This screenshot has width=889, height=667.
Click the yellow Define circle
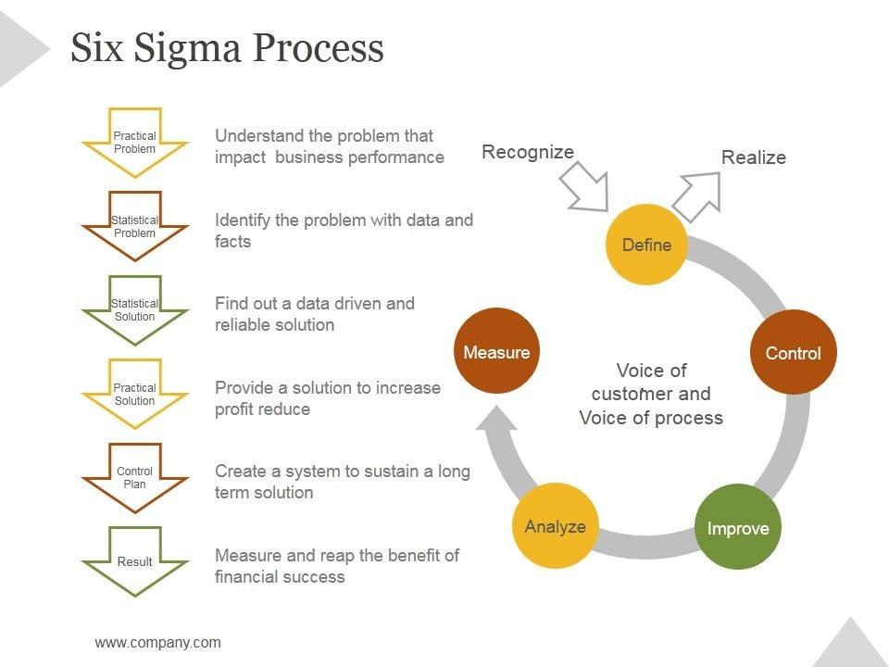646,245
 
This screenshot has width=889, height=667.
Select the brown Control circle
793,353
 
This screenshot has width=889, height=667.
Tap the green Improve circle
738,528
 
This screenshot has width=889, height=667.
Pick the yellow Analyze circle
555,526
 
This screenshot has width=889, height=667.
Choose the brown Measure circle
497,352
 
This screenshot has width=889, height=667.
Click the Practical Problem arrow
135,143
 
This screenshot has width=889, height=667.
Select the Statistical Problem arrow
135,226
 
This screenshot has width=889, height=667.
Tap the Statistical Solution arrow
135,309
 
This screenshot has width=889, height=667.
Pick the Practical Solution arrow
135,394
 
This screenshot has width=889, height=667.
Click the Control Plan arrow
135,478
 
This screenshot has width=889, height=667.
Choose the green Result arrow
135,560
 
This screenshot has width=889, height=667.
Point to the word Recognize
528,152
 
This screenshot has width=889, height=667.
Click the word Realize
754,157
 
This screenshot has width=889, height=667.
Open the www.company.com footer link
158,642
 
